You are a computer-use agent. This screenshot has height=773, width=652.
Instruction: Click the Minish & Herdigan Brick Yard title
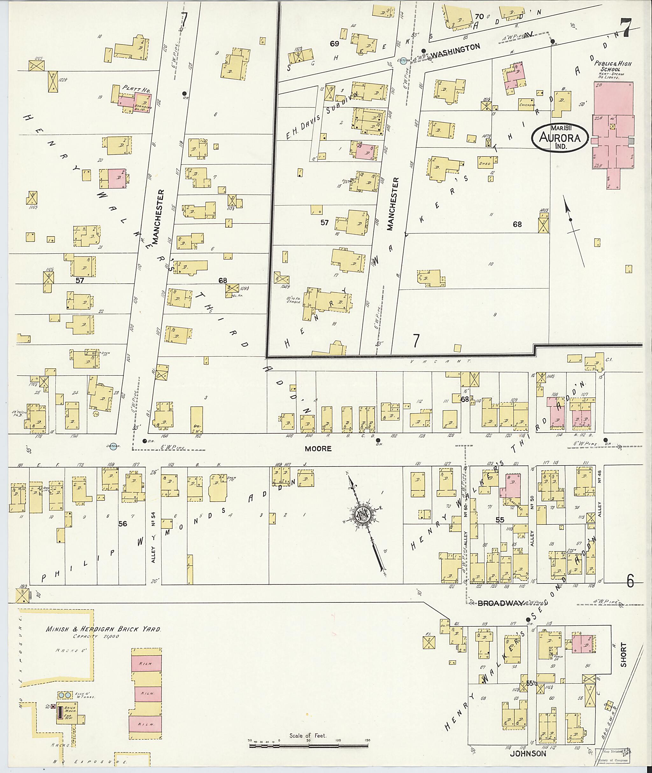pos(103,629)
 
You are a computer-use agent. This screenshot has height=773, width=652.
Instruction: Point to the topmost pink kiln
pos(146,664)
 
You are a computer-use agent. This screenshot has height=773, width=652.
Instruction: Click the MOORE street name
pos(318,449)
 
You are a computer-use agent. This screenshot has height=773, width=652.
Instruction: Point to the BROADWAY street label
pos(500,603)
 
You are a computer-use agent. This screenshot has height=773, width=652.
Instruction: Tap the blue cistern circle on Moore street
pos(113,447)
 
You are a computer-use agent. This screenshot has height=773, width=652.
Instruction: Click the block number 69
pos(334,44)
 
